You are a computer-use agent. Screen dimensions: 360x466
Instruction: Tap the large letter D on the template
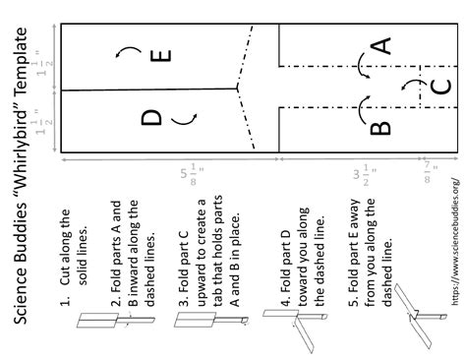tap(151, 118)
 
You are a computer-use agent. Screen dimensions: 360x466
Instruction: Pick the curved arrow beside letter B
tap(362, 104)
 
